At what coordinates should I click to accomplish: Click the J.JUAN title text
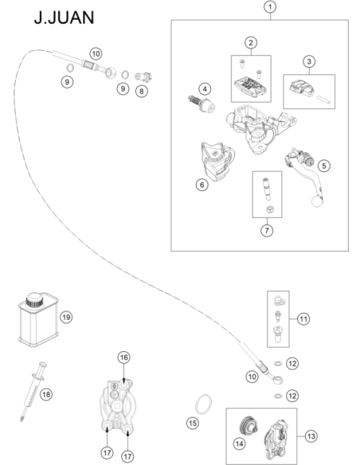[x=64, y=18]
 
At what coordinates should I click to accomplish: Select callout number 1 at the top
[x=270, y=7]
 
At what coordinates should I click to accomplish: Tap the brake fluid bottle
[x=38, y=319]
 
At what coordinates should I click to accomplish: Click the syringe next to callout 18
[x=33, y=391]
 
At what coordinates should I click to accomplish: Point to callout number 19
[x=66, y=318]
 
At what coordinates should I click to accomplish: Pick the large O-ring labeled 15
[x=203, y=404]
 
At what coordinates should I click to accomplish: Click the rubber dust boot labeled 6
[x=217, y=162]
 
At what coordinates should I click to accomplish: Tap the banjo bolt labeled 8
[x=143, y=77]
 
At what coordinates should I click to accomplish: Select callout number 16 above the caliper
[x=124, y=358]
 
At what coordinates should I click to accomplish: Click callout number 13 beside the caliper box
[x=311, y=436]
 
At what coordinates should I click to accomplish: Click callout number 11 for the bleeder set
[x=303, y=318]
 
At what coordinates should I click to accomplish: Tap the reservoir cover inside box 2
[x=252, y=87]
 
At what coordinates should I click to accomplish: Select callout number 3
[x=309, y=61]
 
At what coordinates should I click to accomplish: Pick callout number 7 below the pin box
[x=267, y=230]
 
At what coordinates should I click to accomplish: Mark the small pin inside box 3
[x=323, y=100]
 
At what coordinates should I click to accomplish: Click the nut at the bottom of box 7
[x=268, y=209]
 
